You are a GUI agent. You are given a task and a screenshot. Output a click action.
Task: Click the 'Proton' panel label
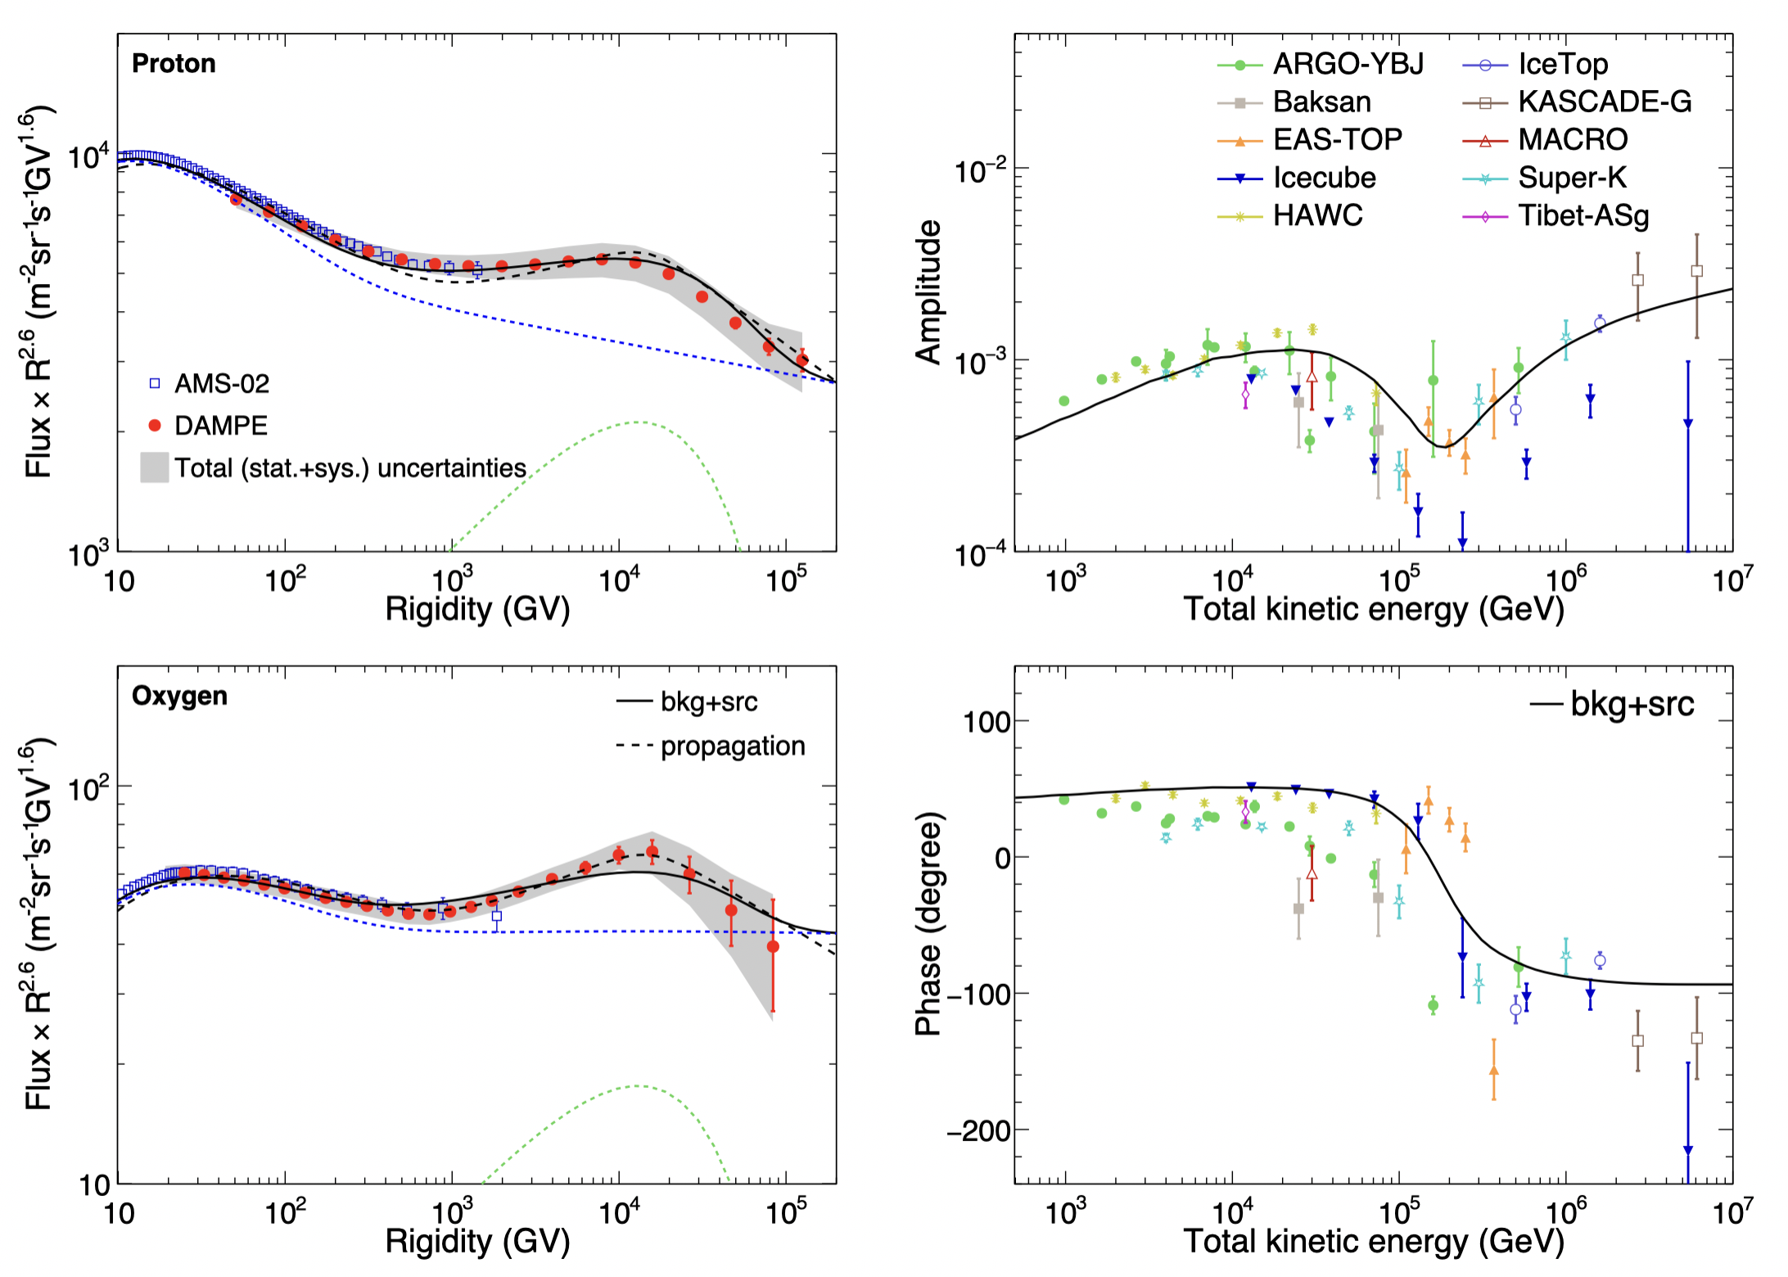pyautogui.click(x=174, y=64)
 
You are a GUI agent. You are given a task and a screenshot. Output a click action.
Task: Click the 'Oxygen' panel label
pyautogui.click(x=179, y=696)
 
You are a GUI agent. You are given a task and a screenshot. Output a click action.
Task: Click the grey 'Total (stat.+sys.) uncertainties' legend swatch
pyautogui.click(x=155, y=467)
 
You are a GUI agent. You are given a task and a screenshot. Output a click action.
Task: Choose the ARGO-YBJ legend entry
pyautogui.click(x=1347, y=64)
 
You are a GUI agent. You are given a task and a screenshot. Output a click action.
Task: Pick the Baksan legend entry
pyautogui.click(x=1321, y=102)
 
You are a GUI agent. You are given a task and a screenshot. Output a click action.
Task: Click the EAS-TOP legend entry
pyautogui.click(x=1337, y=140)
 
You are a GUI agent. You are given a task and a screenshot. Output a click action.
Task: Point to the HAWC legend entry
pyautogui.click(x=1317, y=216)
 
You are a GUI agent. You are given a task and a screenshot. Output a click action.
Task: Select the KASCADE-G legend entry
pyautogui.click(x=1604, y=102)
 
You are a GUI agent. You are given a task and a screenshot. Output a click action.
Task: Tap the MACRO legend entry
pyautogui.click(x=1572, y=140)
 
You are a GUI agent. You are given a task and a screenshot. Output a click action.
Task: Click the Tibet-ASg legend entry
pyautogui.click(x=1583, y=216)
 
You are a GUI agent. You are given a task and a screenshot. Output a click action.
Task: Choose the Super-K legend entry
pyautogui.click(x=1571, y=178)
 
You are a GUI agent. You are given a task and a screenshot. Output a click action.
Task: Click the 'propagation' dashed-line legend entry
pyautogui.click(x=732, y=746)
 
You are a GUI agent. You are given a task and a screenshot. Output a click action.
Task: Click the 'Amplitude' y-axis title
pyautogui.click(x=929, y=292)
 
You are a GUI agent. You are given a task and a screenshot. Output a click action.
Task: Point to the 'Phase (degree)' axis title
pyautogui.click(x=929, y=924)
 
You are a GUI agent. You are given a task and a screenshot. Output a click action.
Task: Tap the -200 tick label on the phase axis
pyautogui.click(x=979, y=1130)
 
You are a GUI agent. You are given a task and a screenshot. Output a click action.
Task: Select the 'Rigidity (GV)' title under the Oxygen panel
pyautogui.click(x=477, y=1242)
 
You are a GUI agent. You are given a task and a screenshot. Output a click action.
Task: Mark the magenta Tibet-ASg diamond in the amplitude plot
pyautogui.click(x=1246, y=395)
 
